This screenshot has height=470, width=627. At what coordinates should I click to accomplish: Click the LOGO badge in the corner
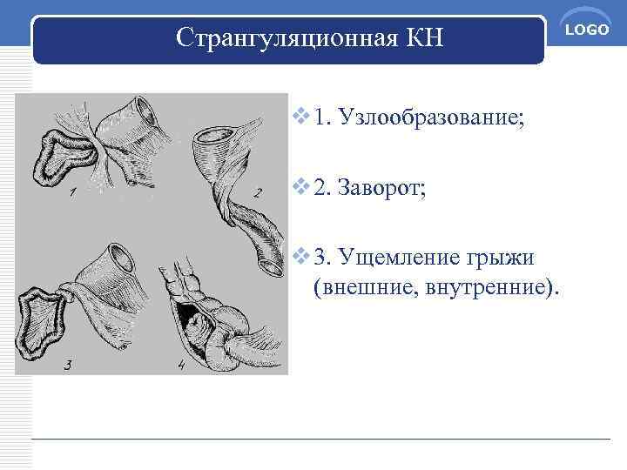[x=589, y=30]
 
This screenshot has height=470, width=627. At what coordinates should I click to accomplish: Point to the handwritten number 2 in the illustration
[x=257, y=192]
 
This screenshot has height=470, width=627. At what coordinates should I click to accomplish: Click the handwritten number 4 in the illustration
[x=180, y=366]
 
